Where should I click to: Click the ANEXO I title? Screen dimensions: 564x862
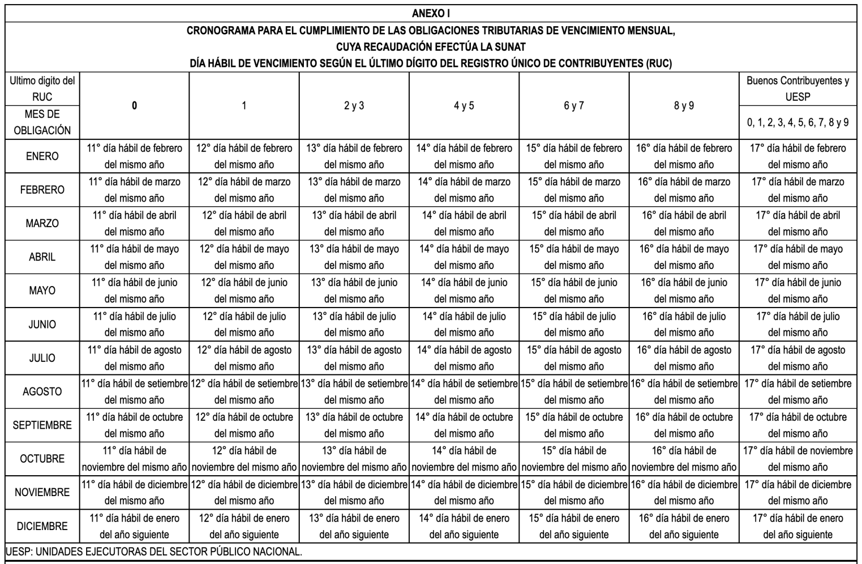[x=431, y=13]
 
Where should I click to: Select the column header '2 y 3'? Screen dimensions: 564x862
[x=354, y=105]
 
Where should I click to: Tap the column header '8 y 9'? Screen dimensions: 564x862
[x=683, y=105]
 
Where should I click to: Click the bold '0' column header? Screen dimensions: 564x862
[x=134, y=105]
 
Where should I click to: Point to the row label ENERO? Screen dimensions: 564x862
[x=42, y=156]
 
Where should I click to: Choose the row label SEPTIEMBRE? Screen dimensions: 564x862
[x=42, y=425]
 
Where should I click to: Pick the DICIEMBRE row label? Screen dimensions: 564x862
[x=42, y=526]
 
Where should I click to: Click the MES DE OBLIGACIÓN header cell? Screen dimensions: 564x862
[x=42, y=122]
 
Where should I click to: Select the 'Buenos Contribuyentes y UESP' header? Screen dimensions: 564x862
[x=798, y=89]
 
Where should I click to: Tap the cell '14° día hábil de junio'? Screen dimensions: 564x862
[x=464, y=290]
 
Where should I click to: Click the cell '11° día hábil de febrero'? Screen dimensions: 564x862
[x=134, y=156]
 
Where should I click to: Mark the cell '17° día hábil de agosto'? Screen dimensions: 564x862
[x=798, y=358]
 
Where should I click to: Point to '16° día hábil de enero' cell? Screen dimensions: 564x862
[x=683, y=526]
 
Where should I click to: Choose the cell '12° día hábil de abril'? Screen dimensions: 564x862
[x=244, y=223]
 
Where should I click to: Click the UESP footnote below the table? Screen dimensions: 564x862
[x=153, y=551]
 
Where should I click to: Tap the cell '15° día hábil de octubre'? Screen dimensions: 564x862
[x=574, y=425]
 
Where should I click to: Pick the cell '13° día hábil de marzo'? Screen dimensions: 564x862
[x=354, y=190]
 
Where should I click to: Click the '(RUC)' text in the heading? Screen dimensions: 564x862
[x=658, y=64]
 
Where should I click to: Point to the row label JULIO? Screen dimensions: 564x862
[x=42, y=358]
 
